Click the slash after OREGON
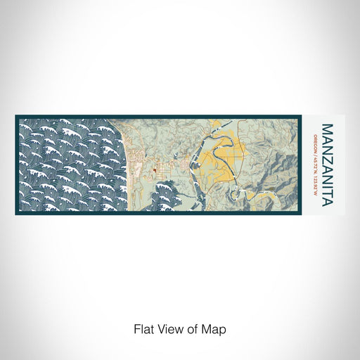coord(314,151)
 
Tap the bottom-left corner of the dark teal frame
coord(16,214)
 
